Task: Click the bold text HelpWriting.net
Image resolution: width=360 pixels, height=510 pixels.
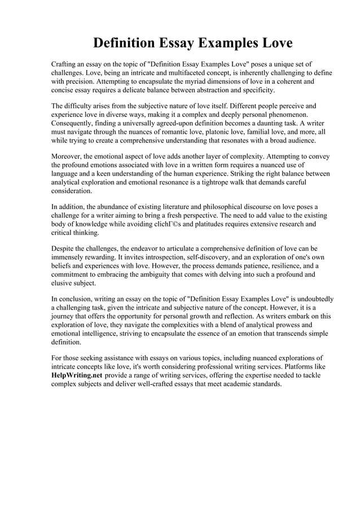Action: (x=77, y=375)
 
